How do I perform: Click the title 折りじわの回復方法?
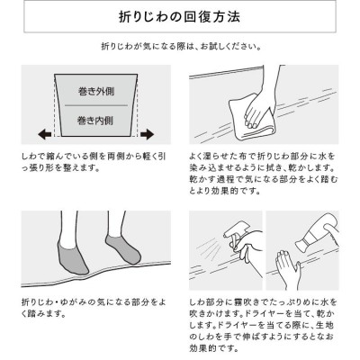click(179, 17)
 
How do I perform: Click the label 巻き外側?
click(96, 91)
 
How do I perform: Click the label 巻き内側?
click(95, 121)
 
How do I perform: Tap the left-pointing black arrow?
click(44, 134)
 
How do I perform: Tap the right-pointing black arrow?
click(148, 134)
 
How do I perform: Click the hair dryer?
click(318, 231)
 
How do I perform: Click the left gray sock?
click(71, 257)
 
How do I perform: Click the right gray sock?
click(123, 249)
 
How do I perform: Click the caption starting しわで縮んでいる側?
click(94, 162)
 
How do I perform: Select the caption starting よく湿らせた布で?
click(263, 174)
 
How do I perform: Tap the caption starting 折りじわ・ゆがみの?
click(94, 308)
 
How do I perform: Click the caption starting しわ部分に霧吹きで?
click(263, 325)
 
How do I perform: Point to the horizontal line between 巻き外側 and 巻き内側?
click(96, 105)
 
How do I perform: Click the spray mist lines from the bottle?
click(209, 247)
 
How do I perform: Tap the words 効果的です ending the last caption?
click(214, 348)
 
